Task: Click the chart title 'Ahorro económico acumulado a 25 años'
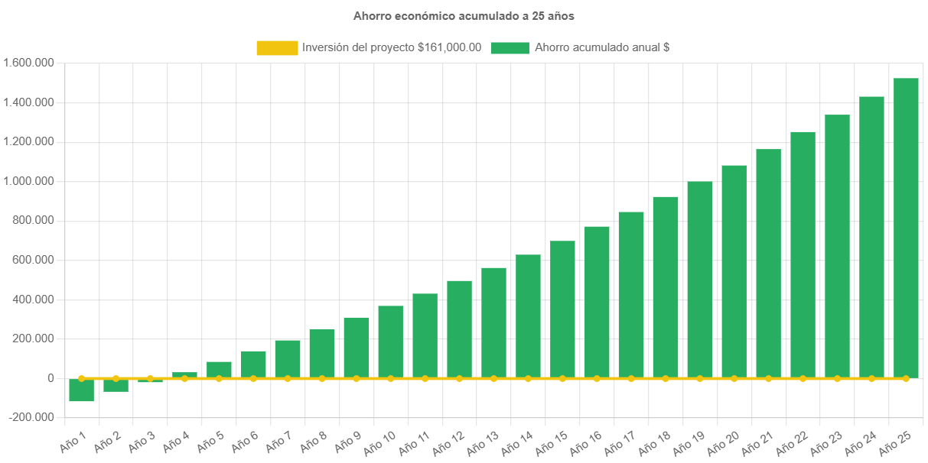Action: point(464,15)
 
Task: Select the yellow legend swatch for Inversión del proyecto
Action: point(277,48)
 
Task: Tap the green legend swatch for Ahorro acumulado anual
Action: point(510,48)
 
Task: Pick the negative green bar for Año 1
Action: point(81,390)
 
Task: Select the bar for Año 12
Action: point(459,329)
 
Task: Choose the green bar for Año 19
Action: point(700,280)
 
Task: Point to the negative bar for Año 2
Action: point(116,385)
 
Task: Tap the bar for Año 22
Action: point(803,254)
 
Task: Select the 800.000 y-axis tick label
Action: point(34,220)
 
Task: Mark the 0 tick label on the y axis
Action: point(50,378)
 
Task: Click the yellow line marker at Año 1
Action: point(81,378)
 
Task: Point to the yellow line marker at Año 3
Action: point(150,378)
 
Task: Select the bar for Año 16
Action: point(597,302)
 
